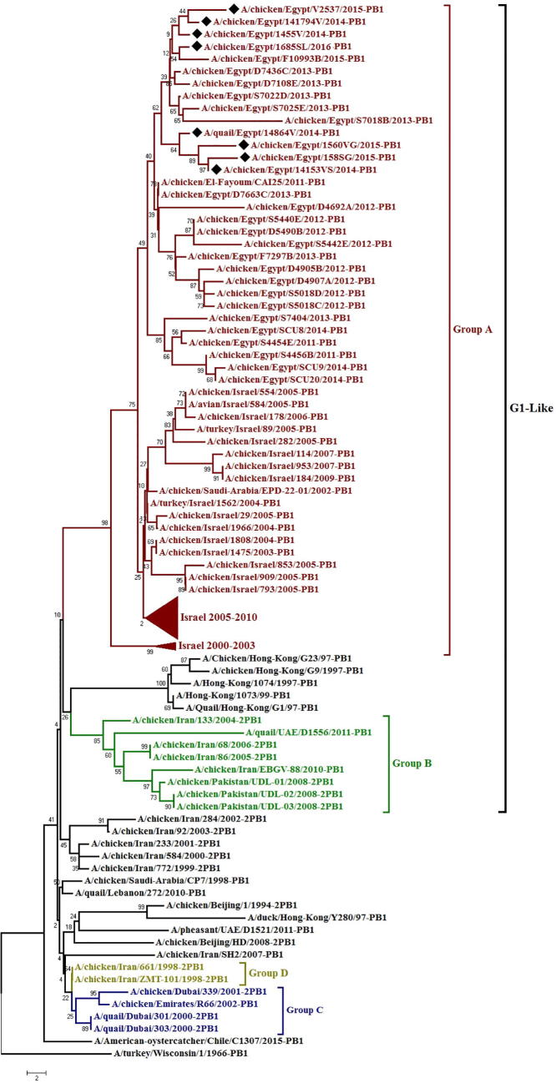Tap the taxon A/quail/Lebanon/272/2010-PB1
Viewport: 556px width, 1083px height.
135,892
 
